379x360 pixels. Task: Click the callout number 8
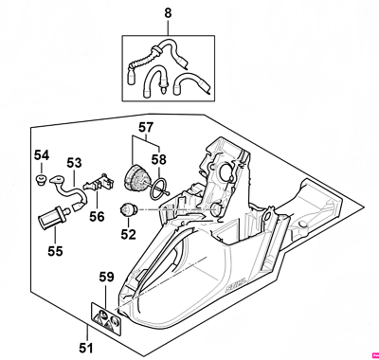pyautogui.click(x=169, y=13)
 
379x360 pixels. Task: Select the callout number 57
pyautogui.click(x=145, y=126)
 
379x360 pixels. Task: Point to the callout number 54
pyautogui.click(x=42, y=154)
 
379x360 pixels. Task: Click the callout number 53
pyautogui.click(x=74, y=163)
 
